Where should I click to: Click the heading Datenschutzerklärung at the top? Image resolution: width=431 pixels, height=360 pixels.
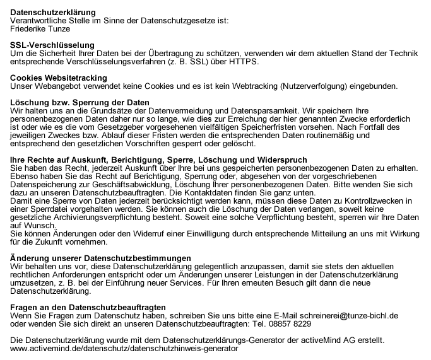[x=54, y=12]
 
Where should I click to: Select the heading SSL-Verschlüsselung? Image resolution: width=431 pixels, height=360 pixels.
[x=52, y=45]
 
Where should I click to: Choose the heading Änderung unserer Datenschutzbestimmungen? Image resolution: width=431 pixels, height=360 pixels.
[x=102, y=258]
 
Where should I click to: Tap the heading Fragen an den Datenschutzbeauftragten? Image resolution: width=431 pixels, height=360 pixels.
[x=88, y=307]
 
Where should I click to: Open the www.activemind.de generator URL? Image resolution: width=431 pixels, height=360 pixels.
[x=124, y=348]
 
